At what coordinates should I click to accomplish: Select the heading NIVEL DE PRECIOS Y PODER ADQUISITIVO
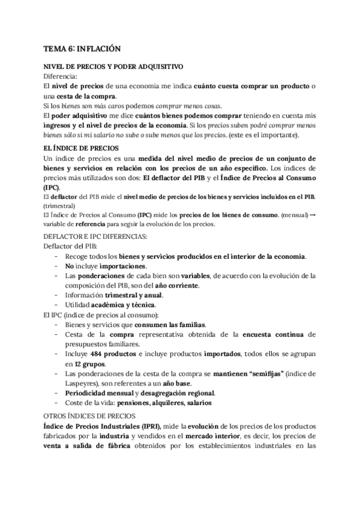pos(113,67)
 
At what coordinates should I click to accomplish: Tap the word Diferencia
pos(61,77)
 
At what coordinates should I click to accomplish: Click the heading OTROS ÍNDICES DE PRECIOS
pos(92,415)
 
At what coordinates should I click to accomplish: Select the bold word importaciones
pos(107,266)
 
